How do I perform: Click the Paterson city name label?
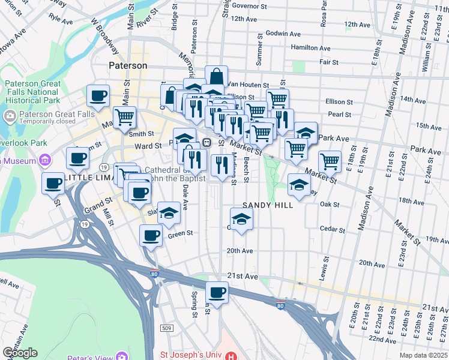click(128, 65)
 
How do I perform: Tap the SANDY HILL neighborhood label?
click(268, 205)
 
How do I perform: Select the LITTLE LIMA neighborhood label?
click(87, 178)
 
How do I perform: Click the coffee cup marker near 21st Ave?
click(217, 293)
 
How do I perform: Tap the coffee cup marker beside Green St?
click(151, 235)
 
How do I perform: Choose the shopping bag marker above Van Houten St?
click(216, 76)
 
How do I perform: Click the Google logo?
click(20, 353)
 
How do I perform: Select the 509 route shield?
click(167, 328)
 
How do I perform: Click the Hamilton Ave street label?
click(310, 48)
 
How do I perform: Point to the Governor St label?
click(249, 5)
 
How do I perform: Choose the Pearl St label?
click(339, 114)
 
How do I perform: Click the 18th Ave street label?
click(411, 202)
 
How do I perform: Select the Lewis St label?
click(326, 269)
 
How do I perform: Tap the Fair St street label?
click(329, 62)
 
